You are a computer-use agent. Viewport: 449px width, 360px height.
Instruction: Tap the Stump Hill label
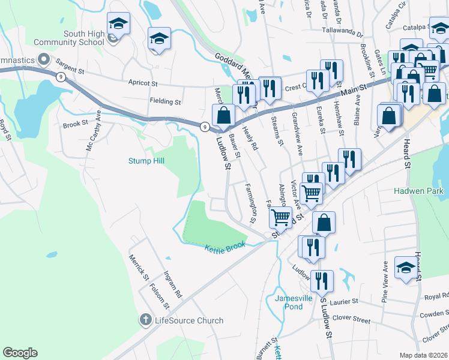pyautogui.click(x=146, y=161)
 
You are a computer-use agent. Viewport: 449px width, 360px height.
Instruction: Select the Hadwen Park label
pyautogui.click(x=418, y=191)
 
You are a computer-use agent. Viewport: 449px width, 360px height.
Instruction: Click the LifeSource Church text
pyautogui.click(x=189, y=320)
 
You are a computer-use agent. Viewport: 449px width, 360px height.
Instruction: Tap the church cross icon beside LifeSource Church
pyautogui.click(x=145, y=320)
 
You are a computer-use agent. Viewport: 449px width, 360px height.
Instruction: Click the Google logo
pyautogui.click(x=20, y=353)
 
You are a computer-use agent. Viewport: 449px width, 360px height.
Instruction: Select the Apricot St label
pyautogui.click(x=142, y=83)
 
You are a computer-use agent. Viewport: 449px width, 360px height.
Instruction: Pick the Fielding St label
pyautogui.click(x=165, y=102)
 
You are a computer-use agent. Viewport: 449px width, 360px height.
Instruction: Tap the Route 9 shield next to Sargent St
pyautogui.click(x=61, y=77)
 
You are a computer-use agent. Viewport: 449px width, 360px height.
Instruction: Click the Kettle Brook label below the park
pyautogui.click(x=225, y=248)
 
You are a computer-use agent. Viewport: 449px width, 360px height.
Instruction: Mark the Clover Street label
pyautogui.click(x=353, y=320)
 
